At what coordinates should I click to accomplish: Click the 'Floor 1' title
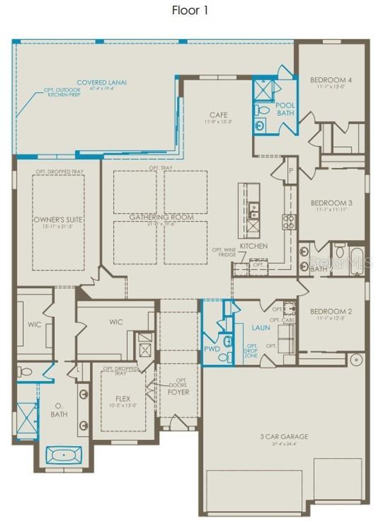(190, 11)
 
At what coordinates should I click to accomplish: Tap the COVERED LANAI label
(101, 83)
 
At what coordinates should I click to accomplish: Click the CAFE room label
(219, 115)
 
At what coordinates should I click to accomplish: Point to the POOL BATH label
(285, 109)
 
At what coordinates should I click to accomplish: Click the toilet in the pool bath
(262, 110)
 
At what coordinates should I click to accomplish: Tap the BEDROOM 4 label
(331, 80)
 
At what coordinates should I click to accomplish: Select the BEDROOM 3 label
(331, 203)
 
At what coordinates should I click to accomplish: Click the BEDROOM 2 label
(331, 311)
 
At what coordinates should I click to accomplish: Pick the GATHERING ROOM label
(161, 217)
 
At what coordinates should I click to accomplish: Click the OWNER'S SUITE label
(58, 220)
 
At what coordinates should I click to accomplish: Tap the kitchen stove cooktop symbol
(289, 221)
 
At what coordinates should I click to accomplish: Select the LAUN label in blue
(261, 328)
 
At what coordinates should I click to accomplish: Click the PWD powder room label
(212, 349)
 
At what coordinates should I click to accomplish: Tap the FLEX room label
(123, 399)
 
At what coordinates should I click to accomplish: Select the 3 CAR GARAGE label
(284, 437)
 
